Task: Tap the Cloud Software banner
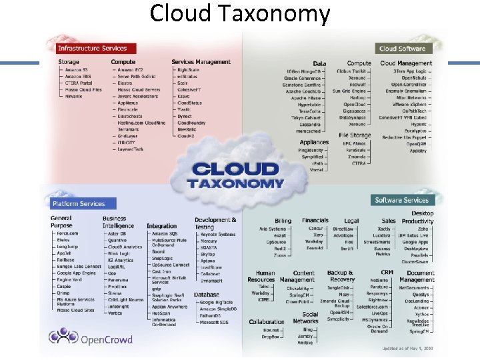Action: tap(402, 48)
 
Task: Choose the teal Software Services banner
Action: tap(401, 200)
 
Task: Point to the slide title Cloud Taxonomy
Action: tap(240, 13)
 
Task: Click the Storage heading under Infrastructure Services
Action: tap(68, 62)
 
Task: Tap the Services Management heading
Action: tap(201, 62)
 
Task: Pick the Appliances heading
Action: tap(314, 142)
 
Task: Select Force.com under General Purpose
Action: tap(67, 233)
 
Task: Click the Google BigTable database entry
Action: tap(215, 302)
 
